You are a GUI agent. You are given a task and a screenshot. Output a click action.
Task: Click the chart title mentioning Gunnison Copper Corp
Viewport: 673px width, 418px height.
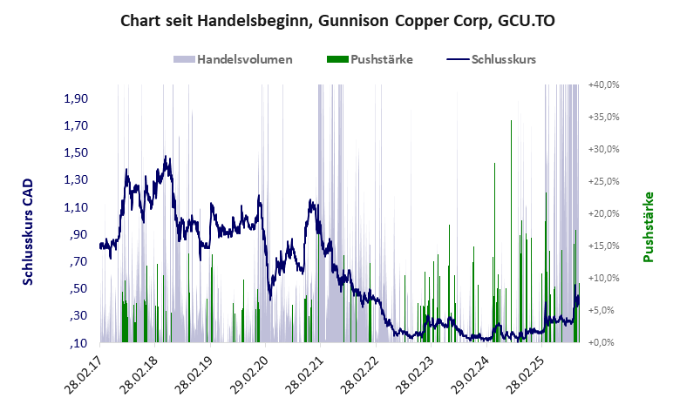[x=336, y=20]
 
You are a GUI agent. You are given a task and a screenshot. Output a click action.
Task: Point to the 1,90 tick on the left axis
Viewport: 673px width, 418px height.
[x=77, y=98]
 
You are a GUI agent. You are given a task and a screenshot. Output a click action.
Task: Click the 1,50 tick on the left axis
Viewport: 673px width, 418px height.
[x=77, y=152]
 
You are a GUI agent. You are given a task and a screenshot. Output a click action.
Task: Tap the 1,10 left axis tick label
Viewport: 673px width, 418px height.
[x=77, y=207]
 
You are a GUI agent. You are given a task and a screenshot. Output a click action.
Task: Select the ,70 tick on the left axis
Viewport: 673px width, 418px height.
[x=79, y=262]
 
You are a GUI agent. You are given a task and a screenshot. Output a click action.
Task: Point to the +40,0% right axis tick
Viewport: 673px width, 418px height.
[x=603, y=84]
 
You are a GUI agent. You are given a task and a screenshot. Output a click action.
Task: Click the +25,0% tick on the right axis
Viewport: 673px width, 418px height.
[x=603, y=181]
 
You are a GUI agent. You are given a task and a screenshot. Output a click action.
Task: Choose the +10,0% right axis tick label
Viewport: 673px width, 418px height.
[x=603, y=278]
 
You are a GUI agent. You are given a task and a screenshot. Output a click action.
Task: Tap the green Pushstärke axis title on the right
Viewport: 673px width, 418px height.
[x=648, y=226]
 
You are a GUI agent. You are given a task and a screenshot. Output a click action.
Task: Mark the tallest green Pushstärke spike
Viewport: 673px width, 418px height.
[x=511, y=122]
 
